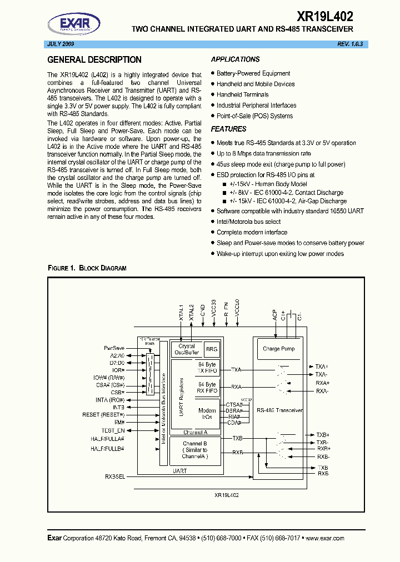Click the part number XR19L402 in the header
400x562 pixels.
[326, 17]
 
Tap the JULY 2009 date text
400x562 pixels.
[59, 43]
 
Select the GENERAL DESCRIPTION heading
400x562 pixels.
[94, 60]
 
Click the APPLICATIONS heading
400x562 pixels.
[236, 59]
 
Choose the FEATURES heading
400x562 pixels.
[229, 129]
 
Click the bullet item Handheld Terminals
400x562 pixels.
[242, 94]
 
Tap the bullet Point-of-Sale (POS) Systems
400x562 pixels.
[254, 116]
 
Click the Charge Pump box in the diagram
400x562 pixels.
[279, 349]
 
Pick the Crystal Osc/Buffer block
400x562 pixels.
[187, 349]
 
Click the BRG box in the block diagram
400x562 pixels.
[212, 349]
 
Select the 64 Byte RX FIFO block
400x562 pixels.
[207, 388]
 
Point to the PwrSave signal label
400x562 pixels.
[114, 348]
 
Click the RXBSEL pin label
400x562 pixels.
[115, 476]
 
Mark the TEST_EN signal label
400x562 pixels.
[113, 430]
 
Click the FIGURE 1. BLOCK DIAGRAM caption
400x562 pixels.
[87, 268]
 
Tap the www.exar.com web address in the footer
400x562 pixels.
[325, 538]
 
